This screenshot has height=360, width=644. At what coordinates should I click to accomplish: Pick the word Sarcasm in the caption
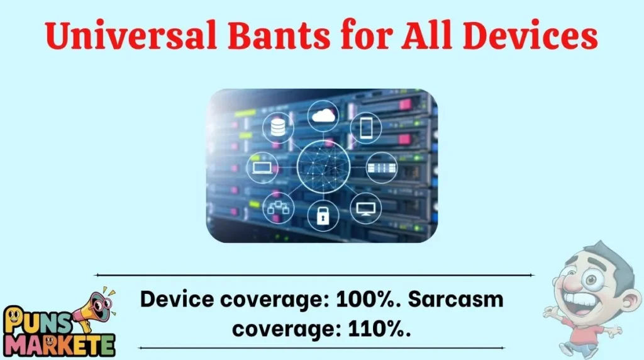(x=456, y=300)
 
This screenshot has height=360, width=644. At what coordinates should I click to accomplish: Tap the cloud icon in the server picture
(x=323, y=115)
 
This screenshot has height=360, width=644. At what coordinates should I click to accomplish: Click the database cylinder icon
(x=277, y=128)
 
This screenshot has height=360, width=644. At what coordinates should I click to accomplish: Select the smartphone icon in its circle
(x=366, y=127)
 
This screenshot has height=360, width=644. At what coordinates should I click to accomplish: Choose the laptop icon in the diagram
(x=261, y=167)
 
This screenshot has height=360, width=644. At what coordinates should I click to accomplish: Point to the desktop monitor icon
(x=365, y=207)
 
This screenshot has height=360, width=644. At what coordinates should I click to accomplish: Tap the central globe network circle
(x=323, y=166)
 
